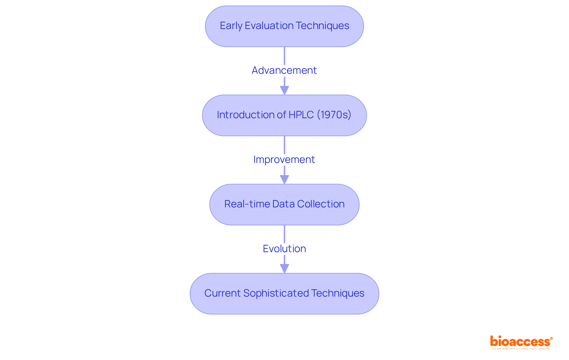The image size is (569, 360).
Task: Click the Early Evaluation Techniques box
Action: pyautogui.click(x=284, y=26)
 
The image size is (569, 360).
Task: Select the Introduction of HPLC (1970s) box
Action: pyautogui.click(x=284, y=115)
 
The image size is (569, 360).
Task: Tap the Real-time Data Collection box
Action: pyautogui.click(x=284, y=204)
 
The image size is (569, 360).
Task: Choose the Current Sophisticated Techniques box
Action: pyautogui.click(x=284, y=294)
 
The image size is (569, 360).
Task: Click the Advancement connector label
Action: pyautogui.click(x=284, y=71)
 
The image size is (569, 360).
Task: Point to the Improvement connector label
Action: pyautogui.click(x=284, y=160)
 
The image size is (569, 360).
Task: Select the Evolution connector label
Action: pyautogui.click(x=284, y=249)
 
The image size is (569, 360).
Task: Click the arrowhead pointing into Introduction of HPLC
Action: pyautogui.click(x=284, y=90)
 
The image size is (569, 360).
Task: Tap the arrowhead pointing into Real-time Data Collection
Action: pyautogui.click(x=284, y=180)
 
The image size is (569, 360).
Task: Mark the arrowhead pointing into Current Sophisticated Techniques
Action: pyautogui.click(x=284, y=269)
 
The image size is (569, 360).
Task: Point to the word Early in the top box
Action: pyautogui.click(x=231, y=26)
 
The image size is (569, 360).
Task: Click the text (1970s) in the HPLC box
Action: pyautogui.click(x=334, y=115)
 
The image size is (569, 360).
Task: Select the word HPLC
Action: pyautogui.click(x=301, y=115)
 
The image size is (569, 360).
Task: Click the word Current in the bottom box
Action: pyautogui.click(x=222, y=293)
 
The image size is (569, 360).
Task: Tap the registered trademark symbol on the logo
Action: pyautogui.click(x=551, y=338)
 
